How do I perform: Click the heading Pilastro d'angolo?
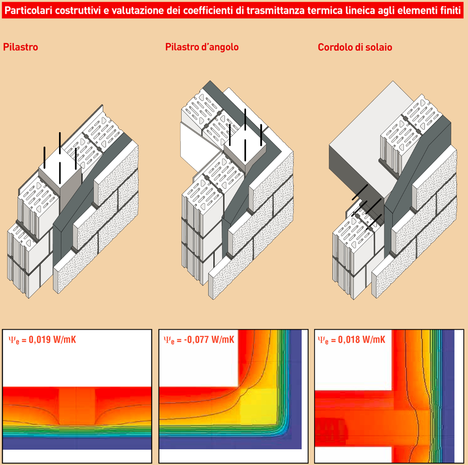(x=202, y=47)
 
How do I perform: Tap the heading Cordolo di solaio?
(x=355, y=47)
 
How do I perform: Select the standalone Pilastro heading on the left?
(x=20, y=47)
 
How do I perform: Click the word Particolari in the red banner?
(x=28, y=11)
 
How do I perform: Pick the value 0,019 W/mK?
(x=52, y=339)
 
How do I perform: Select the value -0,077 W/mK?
(x=209, y=339)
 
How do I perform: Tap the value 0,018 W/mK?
(x=362, y=339)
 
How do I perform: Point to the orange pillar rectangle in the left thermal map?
(x=77, y=406)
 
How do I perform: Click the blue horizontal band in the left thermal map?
(x=77, y=443)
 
